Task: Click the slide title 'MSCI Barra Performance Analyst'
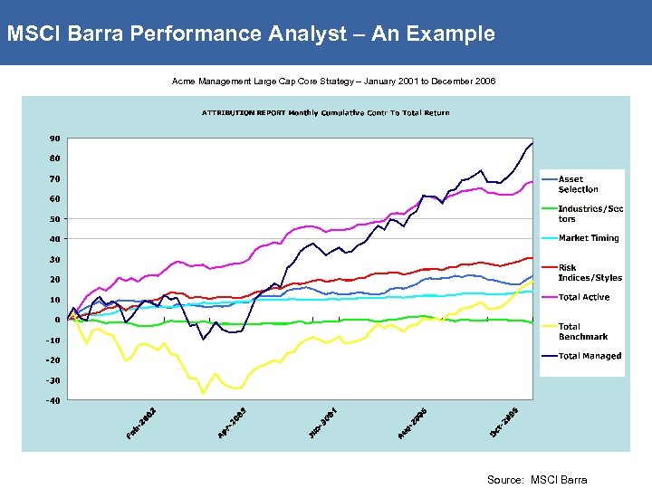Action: pyautogui.click(x=251, y=34)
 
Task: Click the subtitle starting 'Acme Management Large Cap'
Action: pyautogui.click(x=333, y=81)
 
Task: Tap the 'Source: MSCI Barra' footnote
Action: pyautogui.click(x=537, y=480)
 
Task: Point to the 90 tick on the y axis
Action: pyautogui.click(x=54, y=139)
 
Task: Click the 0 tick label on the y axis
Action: pyautogui.click(x=57, y=320)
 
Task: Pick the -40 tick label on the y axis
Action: pyautogui.click(x=53, y=400)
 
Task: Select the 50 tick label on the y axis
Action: pyautogui.click(x=54, y=219)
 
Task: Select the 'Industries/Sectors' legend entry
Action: pyautogui.click(x=590, y=214)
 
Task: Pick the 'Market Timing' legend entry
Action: pyautogui.click(x=589, y=238)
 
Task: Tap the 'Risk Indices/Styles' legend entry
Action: pyautogui.click(x=590, y=273)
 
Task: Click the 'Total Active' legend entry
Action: pyautogui.click(x=584, y=297)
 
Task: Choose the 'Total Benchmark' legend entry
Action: pyautogui.click(x=583, y=331)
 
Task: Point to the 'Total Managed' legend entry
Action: pyautogui.click(x=590, y=356)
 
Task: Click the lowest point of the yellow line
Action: pyautogui.click(x=204, y=393)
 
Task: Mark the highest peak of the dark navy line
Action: pyautogui.click(x=532, y=143)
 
